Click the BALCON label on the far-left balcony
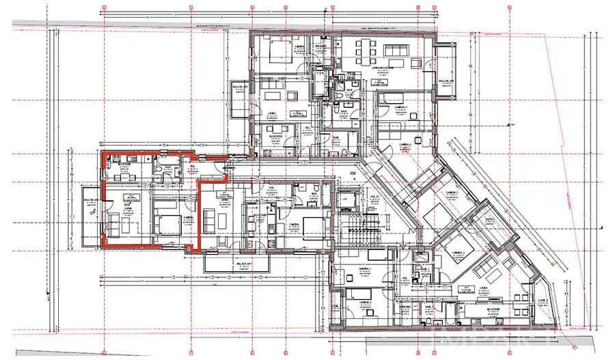coord(91,199)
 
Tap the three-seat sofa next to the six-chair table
coord(396,50)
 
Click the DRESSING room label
coord(320,46)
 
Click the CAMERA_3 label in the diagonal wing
coord(451,193)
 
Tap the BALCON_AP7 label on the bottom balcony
coord(244,264)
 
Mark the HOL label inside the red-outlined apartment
coord(193,168)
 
